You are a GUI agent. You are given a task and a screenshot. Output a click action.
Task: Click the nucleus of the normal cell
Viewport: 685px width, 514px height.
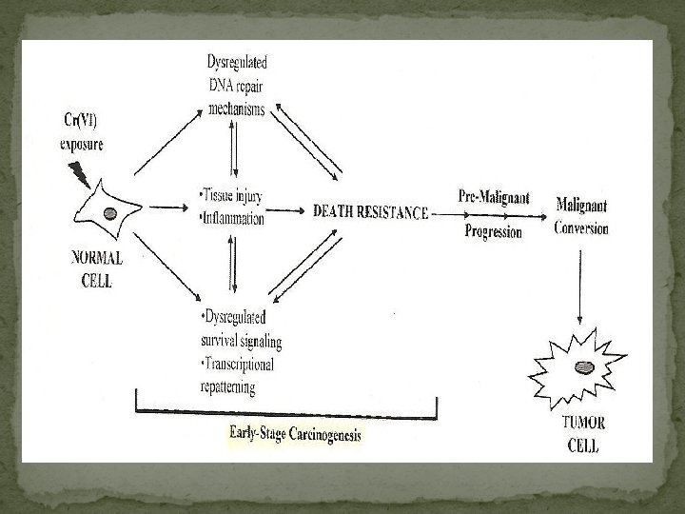[111, 211]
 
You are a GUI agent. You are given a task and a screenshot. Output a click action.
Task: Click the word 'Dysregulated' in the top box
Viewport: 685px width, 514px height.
[238, 62]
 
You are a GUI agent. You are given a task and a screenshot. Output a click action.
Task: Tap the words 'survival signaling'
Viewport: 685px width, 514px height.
[241, 340]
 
